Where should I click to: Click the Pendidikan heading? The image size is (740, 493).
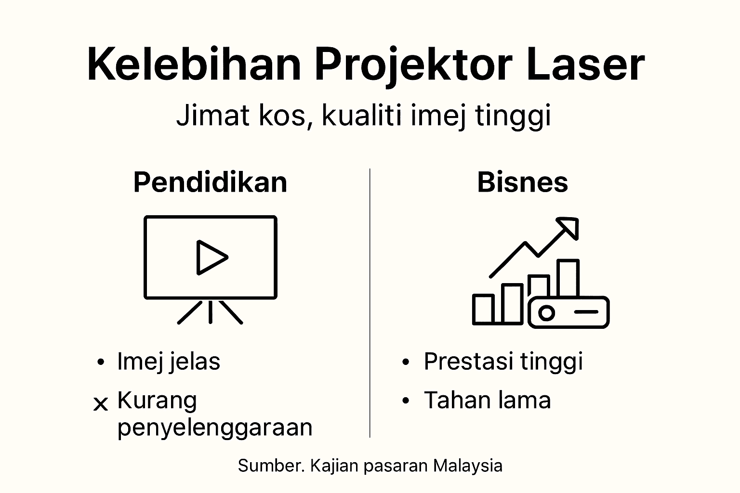pyautogui.click(x=210, y=182)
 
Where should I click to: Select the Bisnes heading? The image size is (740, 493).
pyautogui.click(x=522, y=182)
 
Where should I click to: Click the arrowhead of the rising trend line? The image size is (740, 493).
pyautogui.click(x=569, y=228)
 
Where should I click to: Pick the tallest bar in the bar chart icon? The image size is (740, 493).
pyautogui.click(x=568, y=278)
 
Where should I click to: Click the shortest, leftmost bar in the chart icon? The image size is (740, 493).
pyautogui.click(x=483, y=309)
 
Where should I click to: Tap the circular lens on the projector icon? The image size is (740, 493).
pyautogui.click(x=546, y=313)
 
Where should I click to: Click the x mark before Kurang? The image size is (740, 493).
pyautogui.click(x=100, y=404)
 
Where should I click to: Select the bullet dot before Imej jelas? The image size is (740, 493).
pyautogui.click(x=100, y=362)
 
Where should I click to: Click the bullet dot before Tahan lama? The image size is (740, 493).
pyautogui.click(x=406, y=401)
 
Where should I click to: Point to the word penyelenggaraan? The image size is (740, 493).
pyautogui.click(x=215, y=427)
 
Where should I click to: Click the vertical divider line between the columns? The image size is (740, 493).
pyautogui.click(x=370, y=303)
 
